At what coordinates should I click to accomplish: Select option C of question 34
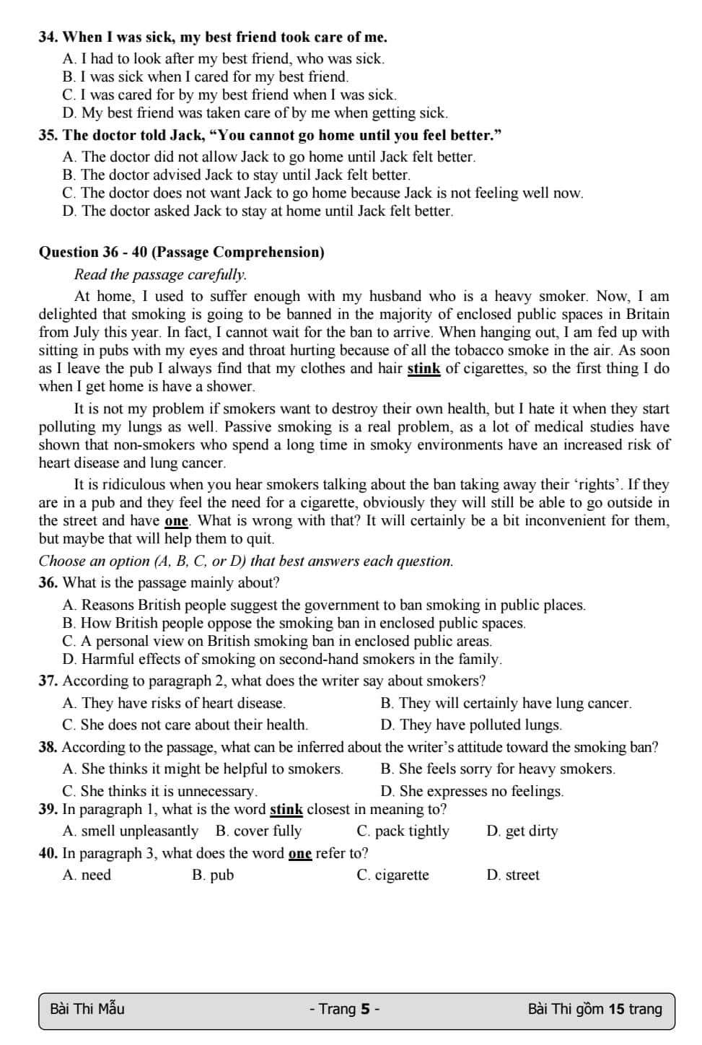[x=229, y=95]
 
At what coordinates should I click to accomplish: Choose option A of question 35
[x=269, y=157]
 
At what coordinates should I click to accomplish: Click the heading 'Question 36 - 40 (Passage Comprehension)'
[x=181, y=252]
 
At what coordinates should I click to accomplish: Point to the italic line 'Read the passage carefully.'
[x=160, y=274]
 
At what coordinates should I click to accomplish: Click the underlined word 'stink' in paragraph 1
[x=424, y=369]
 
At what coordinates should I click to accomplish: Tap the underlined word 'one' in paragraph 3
[x=176, y=521]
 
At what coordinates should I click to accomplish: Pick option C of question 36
[x=277, y=641]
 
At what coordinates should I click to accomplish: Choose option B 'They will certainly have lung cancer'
[x=506, y=703]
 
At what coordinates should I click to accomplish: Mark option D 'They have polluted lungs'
[x=471, y=725]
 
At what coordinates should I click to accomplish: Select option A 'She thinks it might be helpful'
[x=203, y=769]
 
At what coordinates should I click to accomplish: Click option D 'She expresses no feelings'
[x=472, y=791]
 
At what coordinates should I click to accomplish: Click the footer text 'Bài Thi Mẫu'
[x=87, y=1009]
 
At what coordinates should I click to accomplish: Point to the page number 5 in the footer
[x=365, y=1009]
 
